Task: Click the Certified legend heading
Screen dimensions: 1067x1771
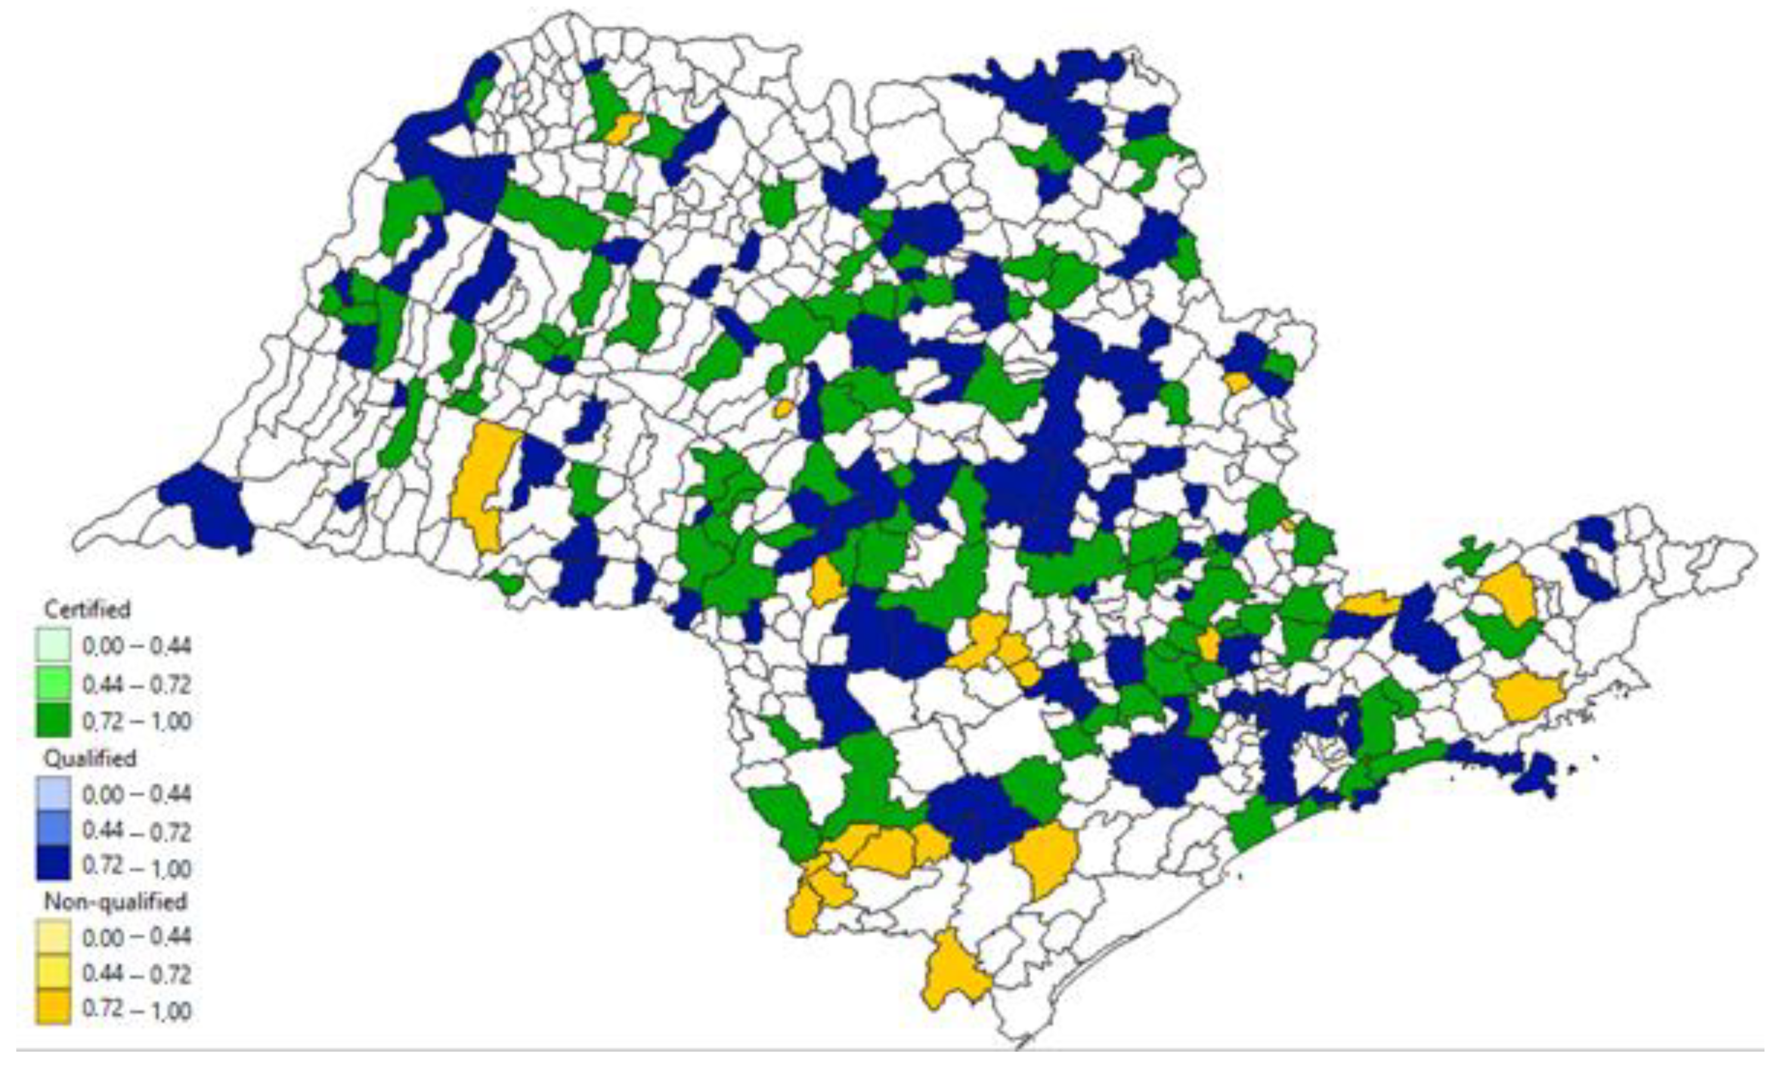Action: click(x=87, y=609)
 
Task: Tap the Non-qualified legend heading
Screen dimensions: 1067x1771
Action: click(x=115, y=901)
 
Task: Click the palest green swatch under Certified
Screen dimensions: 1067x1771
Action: click(x=53, y=645)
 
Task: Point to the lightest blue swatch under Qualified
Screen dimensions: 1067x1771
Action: click(x=53, y=794)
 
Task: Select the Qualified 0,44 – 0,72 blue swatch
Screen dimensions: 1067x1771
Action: click(x=53, y=830)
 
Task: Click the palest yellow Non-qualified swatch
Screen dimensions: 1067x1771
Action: click(x=53, y=937)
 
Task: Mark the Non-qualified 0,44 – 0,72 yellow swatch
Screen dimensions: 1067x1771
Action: click(x=53, y=974)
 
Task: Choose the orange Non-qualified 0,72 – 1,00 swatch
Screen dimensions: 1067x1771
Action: click(x=53, y=1010)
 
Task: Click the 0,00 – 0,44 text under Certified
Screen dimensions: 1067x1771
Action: click(x=137, y=646)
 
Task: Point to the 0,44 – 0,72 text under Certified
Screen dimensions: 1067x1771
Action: click(x=137, y=684)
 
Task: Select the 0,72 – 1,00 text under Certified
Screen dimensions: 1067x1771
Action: click(x=137, y=721)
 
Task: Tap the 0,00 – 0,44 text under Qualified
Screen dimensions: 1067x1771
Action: click(x=137, y=794)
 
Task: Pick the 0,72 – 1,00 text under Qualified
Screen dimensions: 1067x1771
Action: click(x=137, y=868)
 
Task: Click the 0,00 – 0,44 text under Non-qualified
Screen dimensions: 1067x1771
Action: click(x=137, y=937)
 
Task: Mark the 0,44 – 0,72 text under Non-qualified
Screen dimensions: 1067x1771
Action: click(x=137, y=974)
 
